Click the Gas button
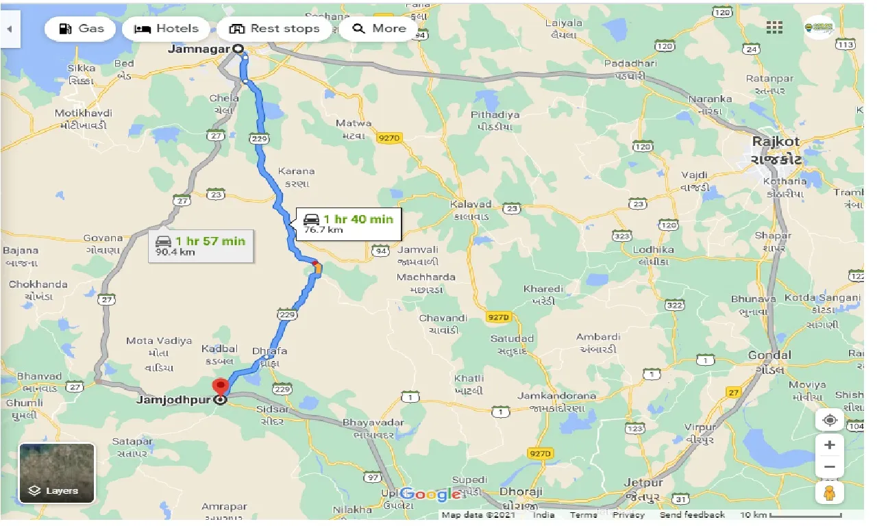[82, 29]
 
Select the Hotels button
[166, 29]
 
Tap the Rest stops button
[274, 29]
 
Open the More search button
[379, 29]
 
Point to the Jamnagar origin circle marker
[238, 49]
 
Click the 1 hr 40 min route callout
[349, 223]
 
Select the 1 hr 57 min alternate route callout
[201, 245]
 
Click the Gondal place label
[769, 355]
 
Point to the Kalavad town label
[471, 204]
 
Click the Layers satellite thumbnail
[57, 473]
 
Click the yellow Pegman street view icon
[829, 492]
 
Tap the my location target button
[829, 420]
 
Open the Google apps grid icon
[774, 27]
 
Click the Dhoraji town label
[521, 492]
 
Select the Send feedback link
[693, 515]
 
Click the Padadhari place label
[630, 64]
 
